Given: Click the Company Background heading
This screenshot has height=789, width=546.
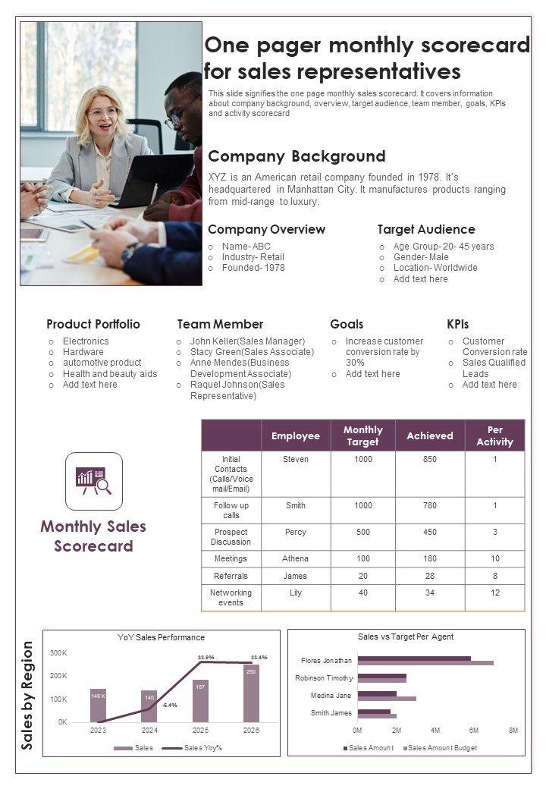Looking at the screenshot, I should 297,157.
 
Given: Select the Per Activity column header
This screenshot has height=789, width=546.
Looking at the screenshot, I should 494,435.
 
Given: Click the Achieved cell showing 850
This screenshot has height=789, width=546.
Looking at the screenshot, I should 429,459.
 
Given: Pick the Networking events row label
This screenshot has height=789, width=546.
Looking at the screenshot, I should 231,597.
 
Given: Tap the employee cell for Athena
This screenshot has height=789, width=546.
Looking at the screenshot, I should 296,558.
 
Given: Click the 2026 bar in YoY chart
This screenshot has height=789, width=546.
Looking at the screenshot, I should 251,693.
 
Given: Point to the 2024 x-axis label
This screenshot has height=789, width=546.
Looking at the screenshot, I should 149,731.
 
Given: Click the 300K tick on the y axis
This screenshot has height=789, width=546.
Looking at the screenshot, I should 59,652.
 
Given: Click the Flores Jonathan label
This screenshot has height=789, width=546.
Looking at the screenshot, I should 326,660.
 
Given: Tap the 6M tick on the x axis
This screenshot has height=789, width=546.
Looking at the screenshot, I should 474,731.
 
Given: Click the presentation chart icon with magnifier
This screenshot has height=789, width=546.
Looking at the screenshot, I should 94,481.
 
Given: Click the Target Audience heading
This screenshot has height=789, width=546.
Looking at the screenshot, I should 426,229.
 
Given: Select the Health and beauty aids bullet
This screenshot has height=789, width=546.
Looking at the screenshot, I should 110,373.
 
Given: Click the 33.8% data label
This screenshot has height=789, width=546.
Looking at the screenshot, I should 206,657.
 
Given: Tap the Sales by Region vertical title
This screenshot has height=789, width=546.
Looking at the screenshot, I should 28,695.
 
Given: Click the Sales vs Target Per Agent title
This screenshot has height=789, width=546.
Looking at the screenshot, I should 406,637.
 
